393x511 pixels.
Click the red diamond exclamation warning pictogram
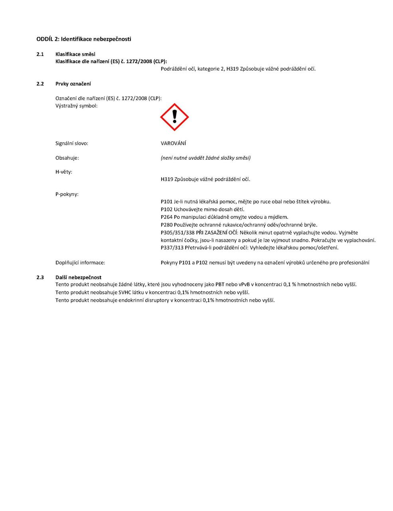click(174, 117)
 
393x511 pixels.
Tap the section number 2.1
click(40, 54)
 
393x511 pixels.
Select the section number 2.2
click(40, 84)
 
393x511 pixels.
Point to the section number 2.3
click(40, 277)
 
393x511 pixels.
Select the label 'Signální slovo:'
click(72, 143)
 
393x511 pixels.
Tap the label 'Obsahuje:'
click(67, 158)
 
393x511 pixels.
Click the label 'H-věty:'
click(64, 172)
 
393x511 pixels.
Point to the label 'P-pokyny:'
click(67, 194)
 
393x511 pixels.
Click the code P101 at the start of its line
click(166, 202)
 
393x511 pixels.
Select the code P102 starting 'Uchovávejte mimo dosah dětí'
click(166, 210)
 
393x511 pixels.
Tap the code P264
click(166, 217)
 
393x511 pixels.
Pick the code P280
click(166, 225)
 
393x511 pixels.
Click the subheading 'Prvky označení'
click(73, 84)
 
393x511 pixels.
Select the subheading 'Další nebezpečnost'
click(78, 277)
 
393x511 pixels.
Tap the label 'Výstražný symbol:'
click(76, 106)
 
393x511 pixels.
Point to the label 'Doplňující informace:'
click(80, 263)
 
